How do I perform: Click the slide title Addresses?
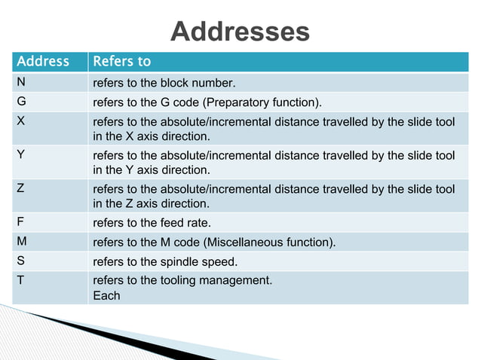pos(240,32)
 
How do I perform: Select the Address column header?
pos(43,62)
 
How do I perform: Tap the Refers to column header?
pos(121,62)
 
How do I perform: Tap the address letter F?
pos(21,222)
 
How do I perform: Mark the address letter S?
pos(21,261)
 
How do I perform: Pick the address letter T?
pos(21,281)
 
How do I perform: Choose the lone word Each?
pos(106,296)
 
